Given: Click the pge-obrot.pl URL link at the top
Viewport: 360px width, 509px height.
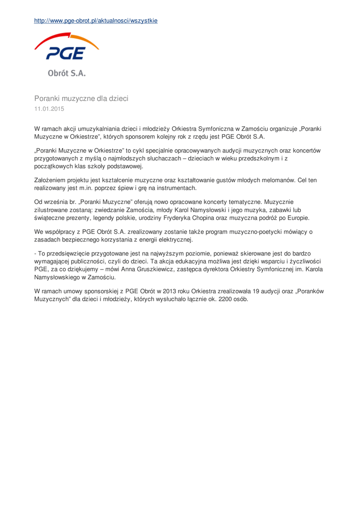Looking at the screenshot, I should [95, 20].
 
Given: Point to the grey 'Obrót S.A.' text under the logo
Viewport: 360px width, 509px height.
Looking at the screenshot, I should [67, 73].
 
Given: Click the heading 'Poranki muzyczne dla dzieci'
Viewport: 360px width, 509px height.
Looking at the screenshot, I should [81, 98].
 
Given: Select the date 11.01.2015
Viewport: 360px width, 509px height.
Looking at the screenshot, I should [49, 108].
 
